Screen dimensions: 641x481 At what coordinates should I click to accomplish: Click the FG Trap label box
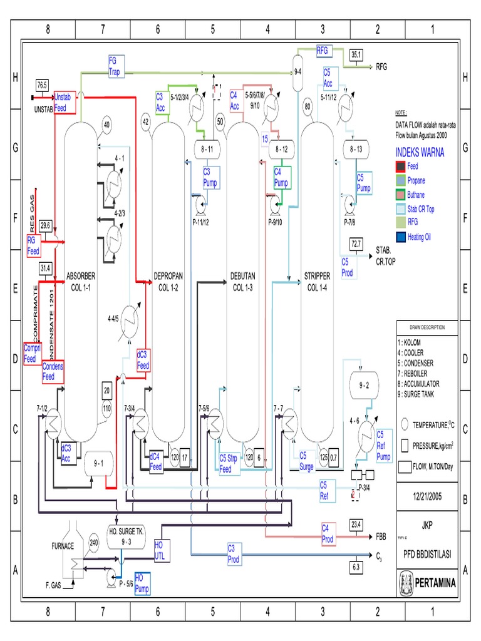pos(116,66)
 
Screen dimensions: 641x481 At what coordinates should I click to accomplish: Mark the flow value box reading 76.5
pos(42,85)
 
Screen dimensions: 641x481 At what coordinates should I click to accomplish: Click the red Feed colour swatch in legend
pos(400,167)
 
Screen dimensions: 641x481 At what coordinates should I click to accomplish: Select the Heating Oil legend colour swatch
pos(400,237)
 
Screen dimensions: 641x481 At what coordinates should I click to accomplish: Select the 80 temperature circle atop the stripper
pos(308,106)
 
